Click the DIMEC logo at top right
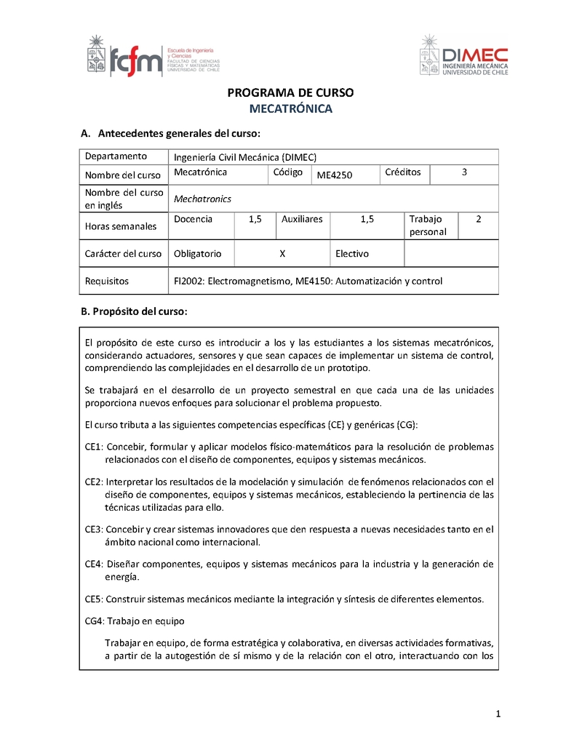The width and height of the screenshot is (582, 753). [x=465, y=56]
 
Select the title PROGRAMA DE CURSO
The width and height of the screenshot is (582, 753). [x=290, y=93]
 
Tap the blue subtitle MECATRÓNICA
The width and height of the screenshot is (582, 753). [x=290, y=109]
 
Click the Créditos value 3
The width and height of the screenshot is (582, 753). [x=464, y=172]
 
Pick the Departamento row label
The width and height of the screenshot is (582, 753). [x=116, y=156]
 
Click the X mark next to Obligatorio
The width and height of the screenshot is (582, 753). [x=282, y=254]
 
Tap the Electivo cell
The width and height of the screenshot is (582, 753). [x=352, y=254]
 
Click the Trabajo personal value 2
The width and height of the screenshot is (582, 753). [x=478, y=219]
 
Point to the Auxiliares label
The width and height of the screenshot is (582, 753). [x=302, y=219]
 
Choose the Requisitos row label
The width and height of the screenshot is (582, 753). [x=107, y=281]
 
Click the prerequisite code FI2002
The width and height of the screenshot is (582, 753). [x=188, y=281]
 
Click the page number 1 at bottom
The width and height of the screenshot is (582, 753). [x=498, y=714]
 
